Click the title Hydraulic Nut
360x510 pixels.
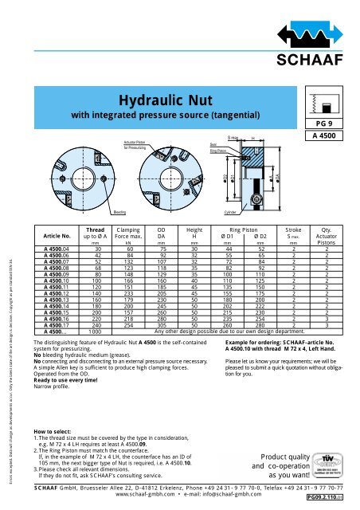point(162,100)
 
